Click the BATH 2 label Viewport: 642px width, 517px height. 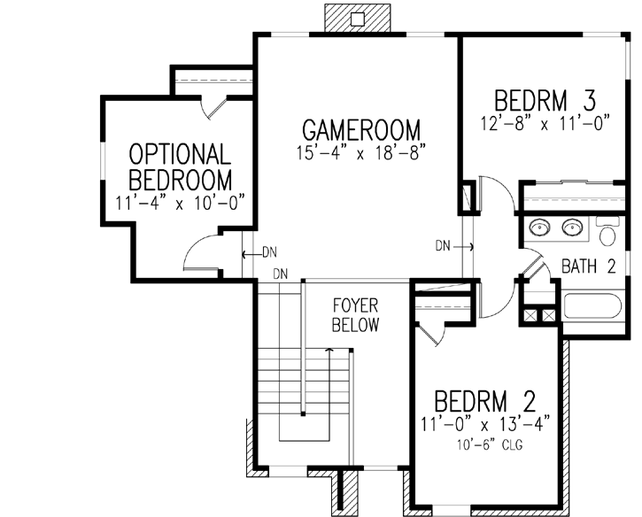[588, 266]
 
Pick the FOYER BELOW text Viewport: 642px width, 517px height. [355, 315]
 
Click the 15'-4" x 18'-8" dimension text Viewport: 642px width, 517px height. [362, 152]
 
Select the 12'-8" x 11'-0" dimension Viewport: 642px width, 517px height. [546, 123]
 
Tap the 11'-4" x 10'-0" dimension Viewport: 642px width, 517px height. [180, 203]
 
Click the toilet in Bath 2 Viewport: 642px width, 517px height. [607, 235]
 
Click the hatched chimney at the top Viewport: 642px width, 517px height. [357, 17]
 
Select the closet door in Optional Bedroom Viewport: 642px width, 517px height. [215, 105]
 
